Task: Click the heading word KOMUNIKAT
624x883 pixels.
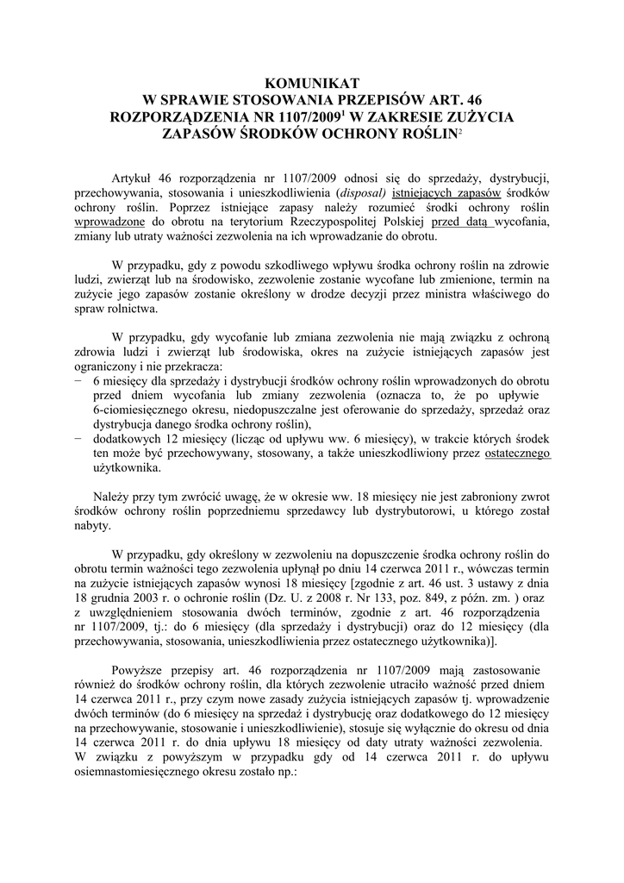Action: (x=312, y=83)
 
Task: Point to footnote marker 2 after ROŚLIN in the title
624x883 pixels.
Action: (x=458, y=130)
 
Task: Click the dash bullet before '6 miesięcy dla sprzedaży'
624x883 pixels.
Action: (x=78, y=381)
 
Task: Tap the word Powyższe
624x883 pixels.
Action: (x=140, y=672)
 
